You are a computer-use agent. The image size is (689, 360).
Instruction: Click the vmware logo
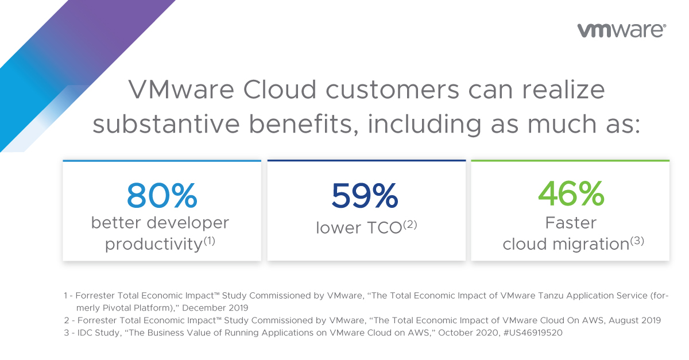(622, 31)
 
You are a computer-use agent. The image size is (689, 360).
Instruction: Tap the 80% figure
(162, 195)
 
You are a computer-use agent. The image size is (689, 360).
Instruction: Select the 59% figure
(365, 195)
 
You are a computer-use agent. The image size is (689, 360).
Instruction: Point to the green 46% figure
(571, 193)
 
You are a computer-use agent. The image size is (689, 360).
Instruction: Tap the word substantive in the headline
(166, 124)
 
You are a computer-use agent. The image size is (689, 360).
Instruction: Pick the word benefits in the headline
(304, 124)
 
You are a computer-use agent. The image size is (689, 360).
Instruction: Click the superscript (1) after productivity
(210, 241)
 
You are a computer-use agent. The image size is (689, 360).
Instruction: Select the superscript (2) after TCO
(410, 224)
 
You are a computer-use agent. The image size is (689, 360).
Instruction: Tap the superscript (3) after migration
(637, 241)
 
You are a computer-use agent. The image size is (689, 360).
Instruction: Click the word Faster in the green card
(571, 222)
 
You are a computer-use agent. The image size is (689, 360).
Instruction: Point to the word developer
(188, 223)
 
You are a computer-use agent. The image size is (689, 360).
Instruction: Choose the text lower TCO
(359, 228)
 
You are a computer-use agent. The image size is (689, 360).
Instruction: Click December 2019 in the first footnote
(215, 308)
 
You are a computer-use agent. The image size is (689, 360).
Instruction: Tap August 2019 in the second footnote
(635, 320)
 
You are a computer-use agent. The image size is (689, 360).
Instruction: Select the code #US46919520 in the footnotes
(533, 332)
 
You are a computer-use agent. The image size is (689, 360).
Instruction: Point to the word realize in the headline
(563, 90)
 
